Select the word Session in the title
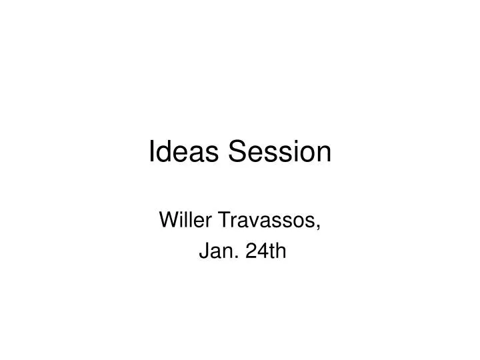click(x=281, y=153)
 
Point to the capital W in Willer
click(x=169, y=219)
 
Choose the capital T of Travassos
click(x=219, y=219)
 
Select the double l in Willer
click(x=186, y=219)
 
